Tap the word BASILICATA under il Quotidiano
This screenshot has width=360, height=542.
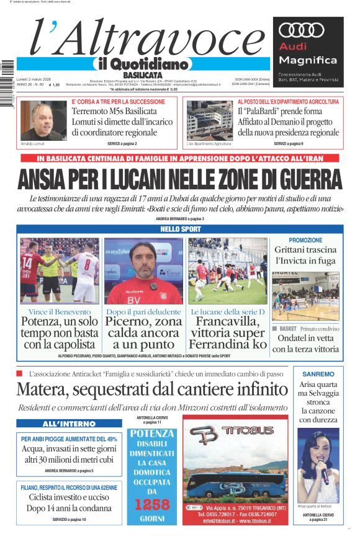pos(142,75)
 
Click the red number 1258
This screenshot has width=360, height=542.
pos(152,504)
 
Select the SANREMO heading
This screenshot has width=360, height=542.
pos(318,375)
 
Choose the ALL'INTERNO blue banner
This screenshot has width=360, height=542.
pos(61,424)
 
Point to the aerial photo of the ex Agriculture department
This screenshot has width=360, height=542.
pos(209,120)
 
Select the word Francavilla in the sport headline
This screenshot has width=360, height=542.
pos(227,322)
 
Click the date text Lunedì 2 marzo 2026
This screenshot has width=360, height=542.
pos(37,79)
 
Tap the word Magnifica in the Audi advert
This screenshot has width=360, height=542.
pos(308,60)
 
